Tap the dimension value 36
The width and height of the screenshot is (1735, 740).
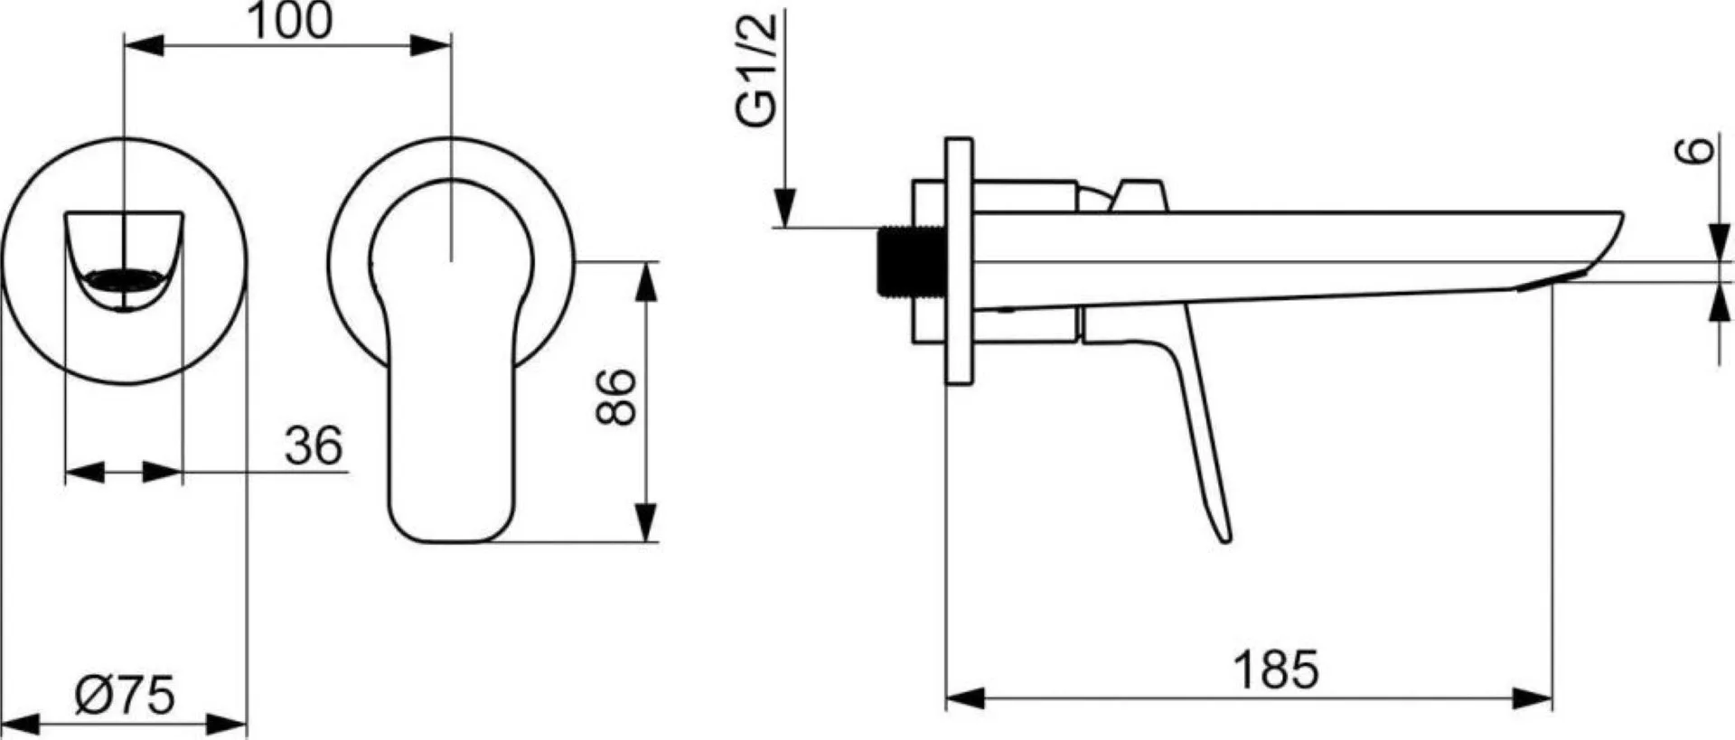[x=314, y=445]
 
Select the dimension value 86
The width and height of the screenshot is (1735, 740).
[x=617, y=396]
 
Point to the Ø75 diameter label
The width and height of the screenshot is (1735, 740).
[x=124, y=696]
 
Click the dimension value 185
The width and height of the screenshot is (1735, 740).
[x=1275, y=670]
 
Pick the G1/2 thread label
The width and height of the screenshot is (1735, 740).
[x=757, y=71]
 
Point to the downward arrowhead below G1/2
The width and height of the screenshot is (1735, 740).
[x=784, y=207]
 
